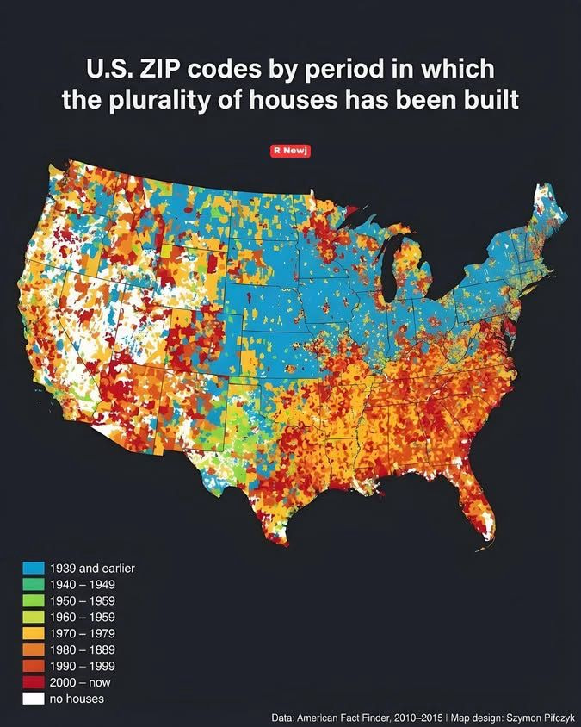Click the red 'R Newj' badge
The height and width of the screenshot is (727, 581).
point(290,150)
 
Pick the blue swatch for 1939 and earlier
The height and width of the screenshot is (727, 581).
point(34,569)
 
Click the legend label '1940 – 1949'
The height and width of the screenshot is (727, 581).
point(83,585)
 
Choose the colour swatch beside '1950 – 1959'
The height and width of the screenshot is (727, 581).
point(34,601)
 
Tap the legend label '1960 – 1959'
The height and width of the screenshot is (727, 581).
point(83,617)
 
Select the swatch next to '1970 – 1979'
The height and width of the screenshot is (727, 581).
point(34,633)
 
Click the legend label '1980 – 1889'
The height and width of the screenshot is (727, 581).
point(83,649)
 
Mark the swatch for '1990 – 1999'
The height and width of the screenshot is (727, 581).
point(34,666)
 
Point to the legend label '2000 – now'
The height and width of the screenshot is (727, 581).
point(80,682)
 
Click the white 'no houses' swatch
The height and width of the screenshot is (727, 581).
point(34,699)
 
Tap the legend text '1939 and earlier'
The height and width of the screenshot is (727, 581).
point(92,569)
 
